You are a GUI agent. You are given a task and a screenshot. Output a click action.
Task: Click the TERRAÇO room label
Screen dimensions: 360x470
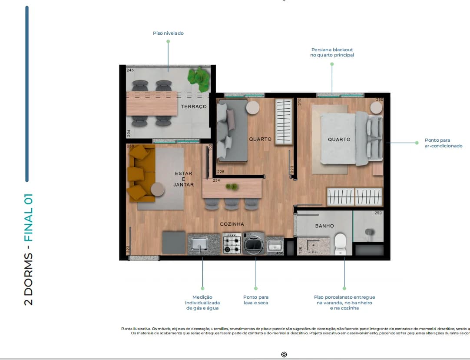click(194, 107)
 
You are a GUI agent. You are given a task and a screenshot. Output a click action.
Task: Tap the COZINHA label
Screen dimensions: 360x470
click(232, 224)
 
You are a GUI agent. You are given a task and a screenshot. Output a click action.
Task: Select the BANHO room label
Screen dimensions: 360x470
click(324, 226)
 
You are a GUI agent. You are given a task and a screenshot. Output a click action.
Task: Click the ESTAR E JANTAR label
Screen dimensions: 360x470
click(183, 179)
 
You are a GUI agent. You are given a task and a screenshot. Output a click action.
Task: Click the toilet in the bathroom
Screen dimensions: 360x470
click(340, 243)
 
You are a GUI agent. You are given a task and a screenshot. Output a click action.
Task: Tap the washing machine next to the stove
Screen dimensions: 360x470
click(254, 244)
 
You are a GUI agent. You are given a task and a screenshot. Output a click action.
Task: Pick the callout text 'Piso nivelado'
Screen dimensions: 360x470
click(168, 33)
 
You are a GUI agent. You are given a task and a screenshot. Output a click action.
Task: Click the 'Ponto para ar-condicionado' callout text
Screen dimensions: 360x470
click(443, 143)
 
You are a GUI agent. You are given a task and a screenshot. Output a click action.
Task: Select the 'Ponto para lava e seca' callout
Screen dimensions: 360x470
click(255, 300)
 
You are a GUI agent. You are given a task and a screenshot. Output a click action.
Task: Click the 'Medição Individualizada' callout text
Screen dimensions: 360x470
click(202, 303)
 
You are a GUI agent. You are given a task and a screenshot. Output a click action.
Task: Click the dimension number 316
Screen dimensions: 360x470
click(299, 102)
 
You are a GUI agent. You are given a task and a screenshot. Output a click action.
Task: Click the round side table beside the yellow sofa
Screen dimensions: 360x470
click(158, 189)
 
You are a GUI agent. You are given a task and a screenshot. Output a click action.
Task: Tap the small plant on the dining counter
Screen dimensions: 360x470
click(232, 187)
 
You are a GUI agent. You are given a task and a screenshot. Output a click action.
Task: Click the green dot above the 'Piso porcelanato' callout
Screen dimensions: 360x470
click(344, 288)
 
